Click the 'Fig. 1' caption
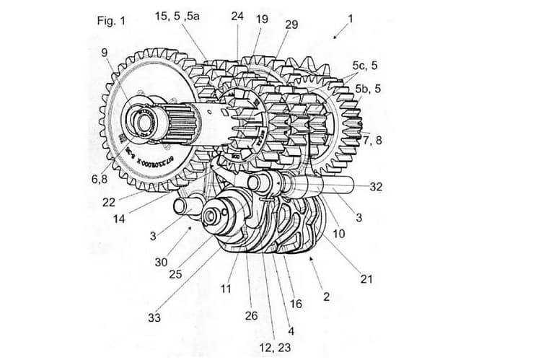(111, 20)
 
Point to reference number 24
(238, 15)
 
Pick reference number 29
(291, 25)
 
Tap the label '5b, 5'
(369, 89)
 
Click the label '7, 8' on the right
(372, 141)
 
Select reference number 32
(376, 186)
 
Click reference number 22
(109, 202)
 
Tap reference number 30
(161, 262)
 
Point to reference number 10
(338, 234)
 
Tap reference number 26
(251, 315)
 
